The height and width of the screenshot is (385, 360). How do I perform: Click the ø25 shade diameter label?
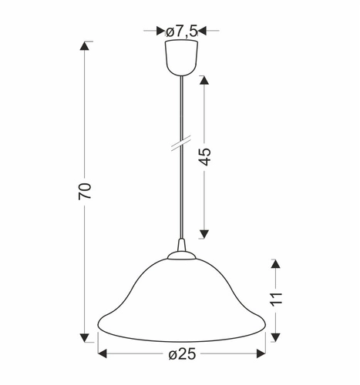point(183,355)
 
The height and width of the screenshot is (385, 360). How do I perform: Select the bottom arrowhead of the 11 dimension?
point(277,334)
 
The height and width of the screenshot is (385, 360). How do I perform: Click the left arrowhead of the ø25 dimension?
point(103,355)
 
